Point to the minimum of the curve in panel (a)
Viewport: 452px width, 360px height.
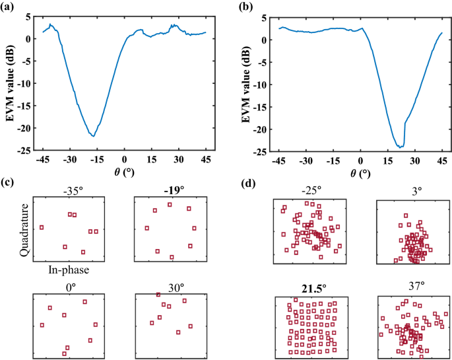click(x=94, y=136)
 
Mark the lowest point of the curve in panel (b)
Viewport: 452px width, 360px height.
click(x=401, y=147)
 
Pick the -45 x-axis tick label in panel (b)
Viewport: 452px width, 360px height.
click(x=279, y=160)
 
